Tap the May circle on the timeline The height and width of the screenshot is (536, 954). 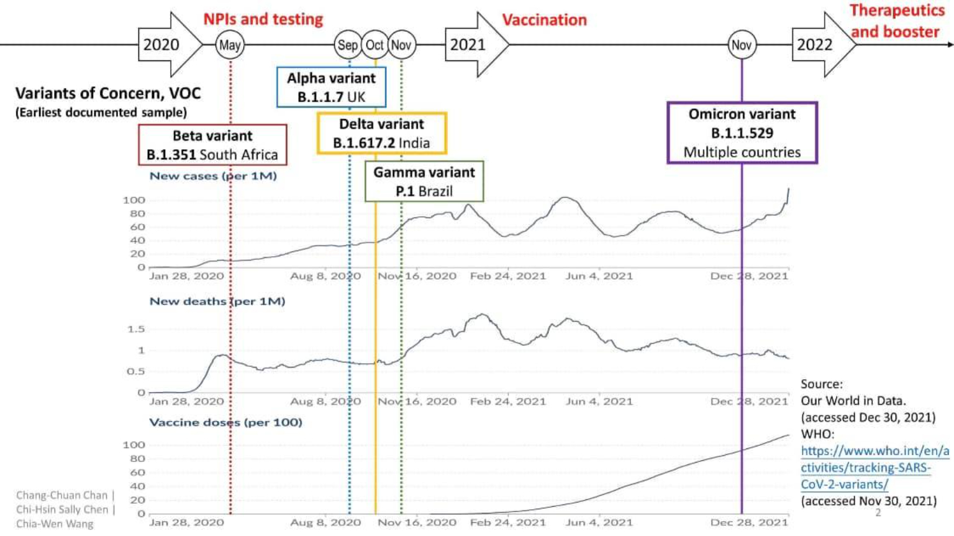[229, 45]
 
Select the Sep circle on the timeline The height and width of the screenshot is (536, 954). [347, 45]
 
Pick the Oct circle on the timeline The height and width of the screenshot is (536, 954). [375, 45]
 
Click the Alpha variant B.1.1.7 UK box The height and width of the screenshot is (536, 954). [331, 87]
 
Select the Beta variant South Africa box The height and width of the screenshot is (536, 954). [212, 145]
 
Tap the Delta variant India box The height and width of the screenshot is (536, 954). [381, 133]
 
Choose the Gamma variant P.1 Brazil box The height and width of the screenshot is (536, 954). [424, 182]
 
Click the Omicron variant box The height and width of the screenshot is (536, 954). [742, 133]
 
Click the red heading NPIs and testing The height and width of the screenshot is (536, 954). [263, 19]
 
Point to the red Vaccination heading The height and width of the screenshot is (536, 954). [544, 20]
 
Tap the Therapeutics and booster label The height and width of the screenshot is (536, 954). [896, 21]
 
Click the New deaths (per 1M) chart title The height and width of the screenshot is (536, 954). [217, 302]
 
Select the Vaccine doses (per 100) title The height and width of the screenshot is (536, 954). [225, 423]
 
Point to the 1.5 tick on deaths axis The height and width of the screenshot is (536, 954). [136, 329]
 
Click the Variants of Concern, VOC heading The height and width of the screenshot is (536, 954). [108, 94]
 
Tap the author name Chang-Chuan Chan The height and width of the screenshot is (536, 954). [62, 496]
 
